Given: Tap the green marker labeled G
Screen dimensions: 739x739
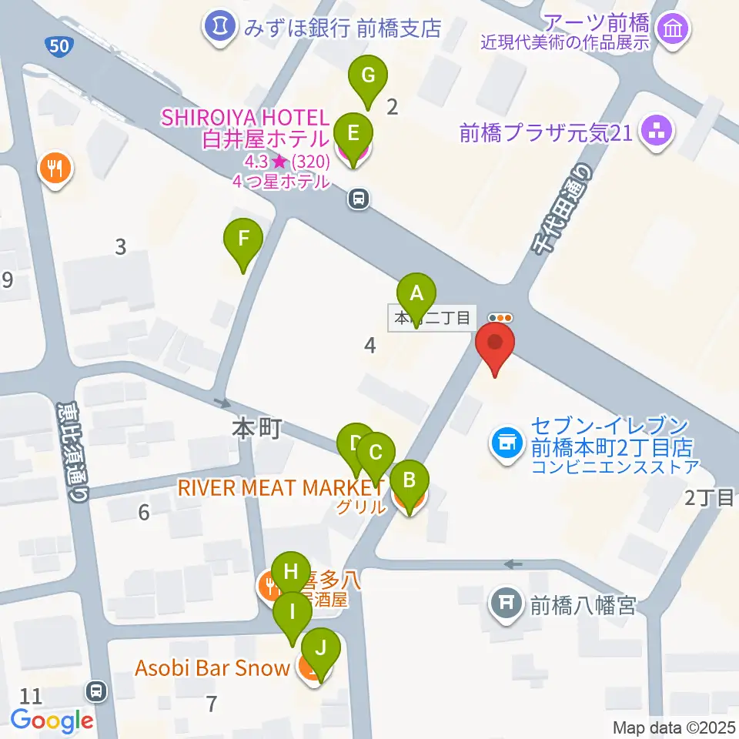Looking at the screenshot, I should [368, 77].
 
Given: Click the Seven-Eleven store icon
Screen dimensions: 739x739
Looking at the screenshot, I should [505, 443].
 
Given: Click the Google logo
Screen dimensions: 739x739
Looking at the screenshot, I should [52, 721].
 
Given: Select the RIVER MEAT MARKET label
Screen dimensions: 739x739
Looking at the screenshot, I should [280, 487].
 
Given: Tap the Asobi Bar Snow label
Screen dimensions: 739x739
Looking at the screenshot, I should [212, 667].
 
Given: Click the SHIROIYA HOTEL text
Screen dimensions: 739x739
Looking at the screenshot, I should [244, 118].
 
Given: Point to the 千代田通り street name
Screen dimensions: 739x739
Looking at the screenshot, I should [563, 209].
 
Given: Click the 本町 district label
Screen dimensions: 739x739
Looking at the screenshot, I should [257, 428].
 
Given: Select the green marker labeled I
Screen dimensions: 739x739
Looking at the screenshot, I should [293, 614].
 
